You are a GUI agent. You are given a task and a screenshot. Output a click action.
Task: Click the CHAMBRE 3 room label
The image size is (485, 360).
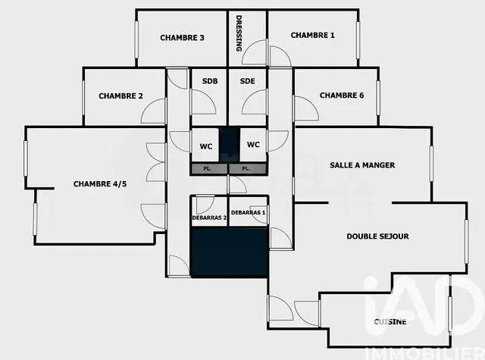pos(182,38)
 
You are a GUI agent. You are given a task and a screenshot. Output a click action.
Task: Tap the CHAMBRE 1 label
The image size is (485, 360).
pos(312,35)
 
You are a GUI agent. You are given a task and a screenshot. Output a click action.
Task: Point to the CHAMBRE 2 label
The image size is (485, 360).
pos(120,96)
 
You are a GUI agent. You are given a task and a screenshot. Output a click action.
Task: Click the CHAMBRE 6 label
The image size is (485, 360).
pos(342,95)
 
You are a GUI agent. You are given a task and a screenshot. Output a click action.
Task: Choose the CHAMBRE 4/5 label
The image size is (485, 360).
pos(99,183)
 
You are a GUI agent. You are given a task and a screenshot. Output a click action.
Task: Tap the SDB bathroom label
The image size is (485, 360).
pos(208,81)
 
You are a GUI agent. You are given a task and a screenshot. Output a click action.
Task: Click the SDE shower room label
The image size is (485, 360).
pos(247,81)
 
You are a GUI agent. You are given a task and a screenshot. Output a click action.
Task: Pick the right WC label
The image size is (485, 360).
pos(253,144)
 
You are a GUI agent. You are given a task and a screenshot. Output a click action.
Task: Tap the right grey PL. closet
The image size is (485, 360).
pos(247,168)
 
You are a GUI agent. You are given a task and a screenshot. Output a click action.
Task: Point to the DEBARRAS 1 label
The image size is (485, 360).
pos(249,213)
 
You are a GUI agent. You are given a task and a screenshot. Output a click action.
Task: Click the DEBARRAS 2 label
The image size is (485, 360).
pos(208,218)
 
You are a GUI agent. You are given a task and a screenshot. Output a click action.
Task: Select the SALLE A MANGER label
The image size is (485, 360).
pos(362,165)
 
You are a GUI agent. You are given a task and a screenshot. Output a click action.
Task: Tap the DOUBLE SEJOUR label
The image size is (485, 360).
pos(377,236)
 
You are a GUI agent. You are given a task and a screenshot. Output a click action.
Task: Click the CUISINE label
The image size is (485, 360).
pos(390,322)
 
